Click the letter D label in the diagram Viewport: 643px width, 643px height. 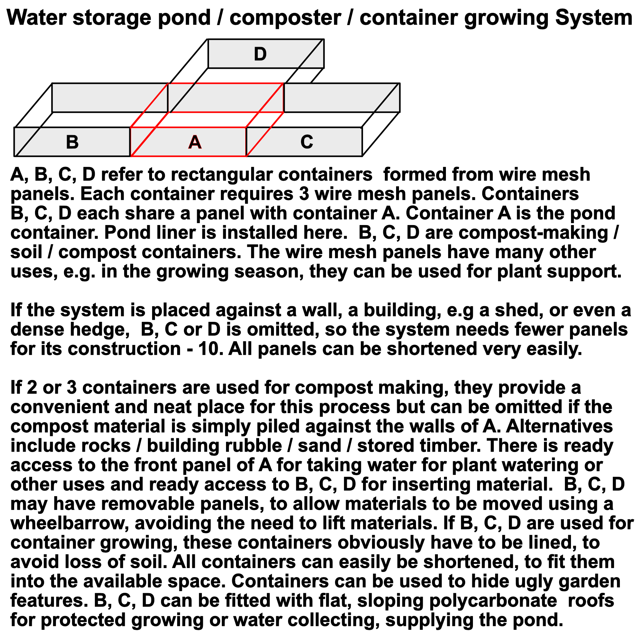[260, 54]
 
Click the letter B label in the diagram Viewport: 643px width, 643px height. [72, 142]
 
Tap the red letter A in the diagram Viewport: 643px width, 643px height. [195, 142]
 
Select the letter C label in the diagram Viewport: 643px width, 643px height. [306, 142]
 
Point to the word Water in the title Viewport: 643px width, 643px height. [37, 17]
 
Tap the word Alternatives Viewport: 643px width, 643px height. [559, 426]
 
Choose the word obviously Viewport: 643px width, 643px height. [381, 542]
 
